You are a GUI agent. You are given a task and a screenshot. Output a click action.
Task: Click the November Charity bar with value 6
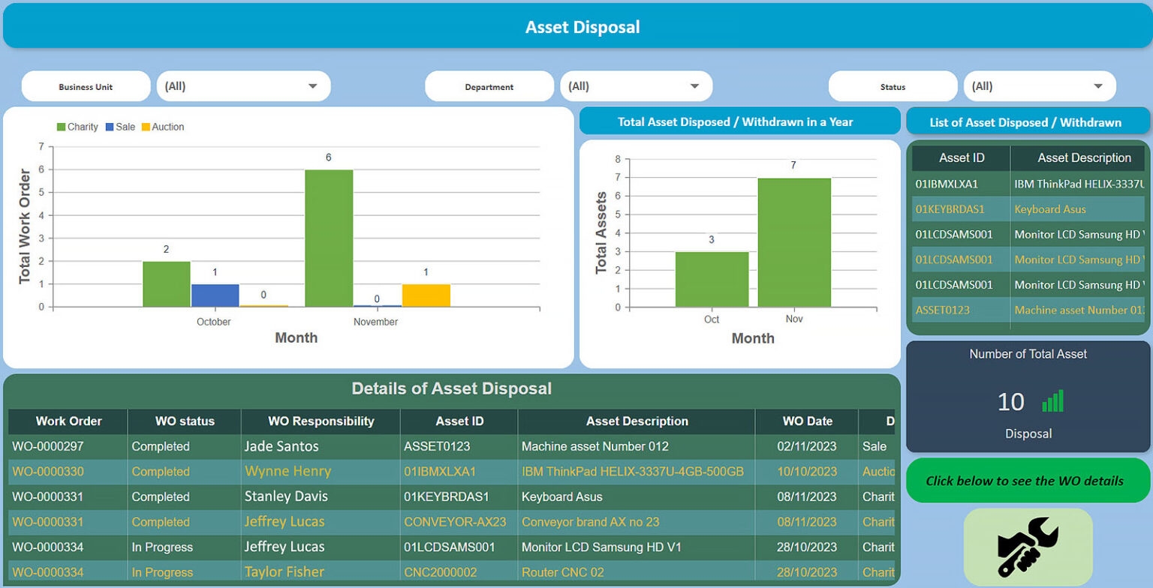(x=329, y=238)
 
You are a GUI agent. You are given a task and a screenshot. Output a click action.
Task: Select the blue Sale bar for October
(x=215, y=295)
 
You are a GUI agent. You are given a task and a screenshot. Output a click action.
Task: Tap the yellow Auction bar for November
(x=426, y=295)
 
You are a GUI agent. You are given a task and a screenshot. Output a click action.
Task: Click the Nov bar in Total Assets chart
(x=794, y=242)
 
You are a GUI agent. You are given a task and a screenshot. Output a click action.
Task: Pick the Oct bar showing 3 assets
(x=712, y=279)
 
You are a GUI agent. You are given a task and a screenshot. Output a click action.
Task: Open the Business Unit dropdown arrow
(x=313, y=86)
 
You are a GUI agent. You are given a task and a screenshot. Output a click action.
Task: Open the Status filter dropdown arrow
(x=1098, y=86)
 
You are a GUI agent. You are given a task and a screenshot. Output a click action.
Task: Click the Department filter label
(x=489, y=87)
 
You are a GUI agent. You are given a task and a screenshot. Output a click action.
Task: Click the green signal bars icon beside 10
(x=1053, y=402)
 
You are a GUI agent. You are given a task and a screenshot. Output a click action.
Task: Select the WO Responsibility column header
(x=321, y=421)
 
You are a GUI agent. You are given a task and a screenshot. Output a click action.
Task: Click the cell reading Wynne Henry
(x=287, y=472)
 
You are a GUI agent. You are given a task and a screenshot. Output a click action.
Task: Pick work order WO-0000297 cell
(x=48, y=446)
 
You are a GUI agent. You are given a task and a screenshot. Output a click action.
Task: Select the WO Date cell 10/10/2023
(x=806, y=472)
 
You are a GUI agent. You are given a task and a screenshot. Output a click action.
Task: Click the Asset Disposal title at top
(x=583, y=28)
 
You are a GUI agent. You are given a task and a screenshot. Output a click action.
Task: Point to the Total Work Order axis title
(x=25, y=225)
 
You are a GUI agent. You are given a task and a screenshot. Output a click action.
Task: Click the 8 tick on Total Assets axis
(x=617, y=159)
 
